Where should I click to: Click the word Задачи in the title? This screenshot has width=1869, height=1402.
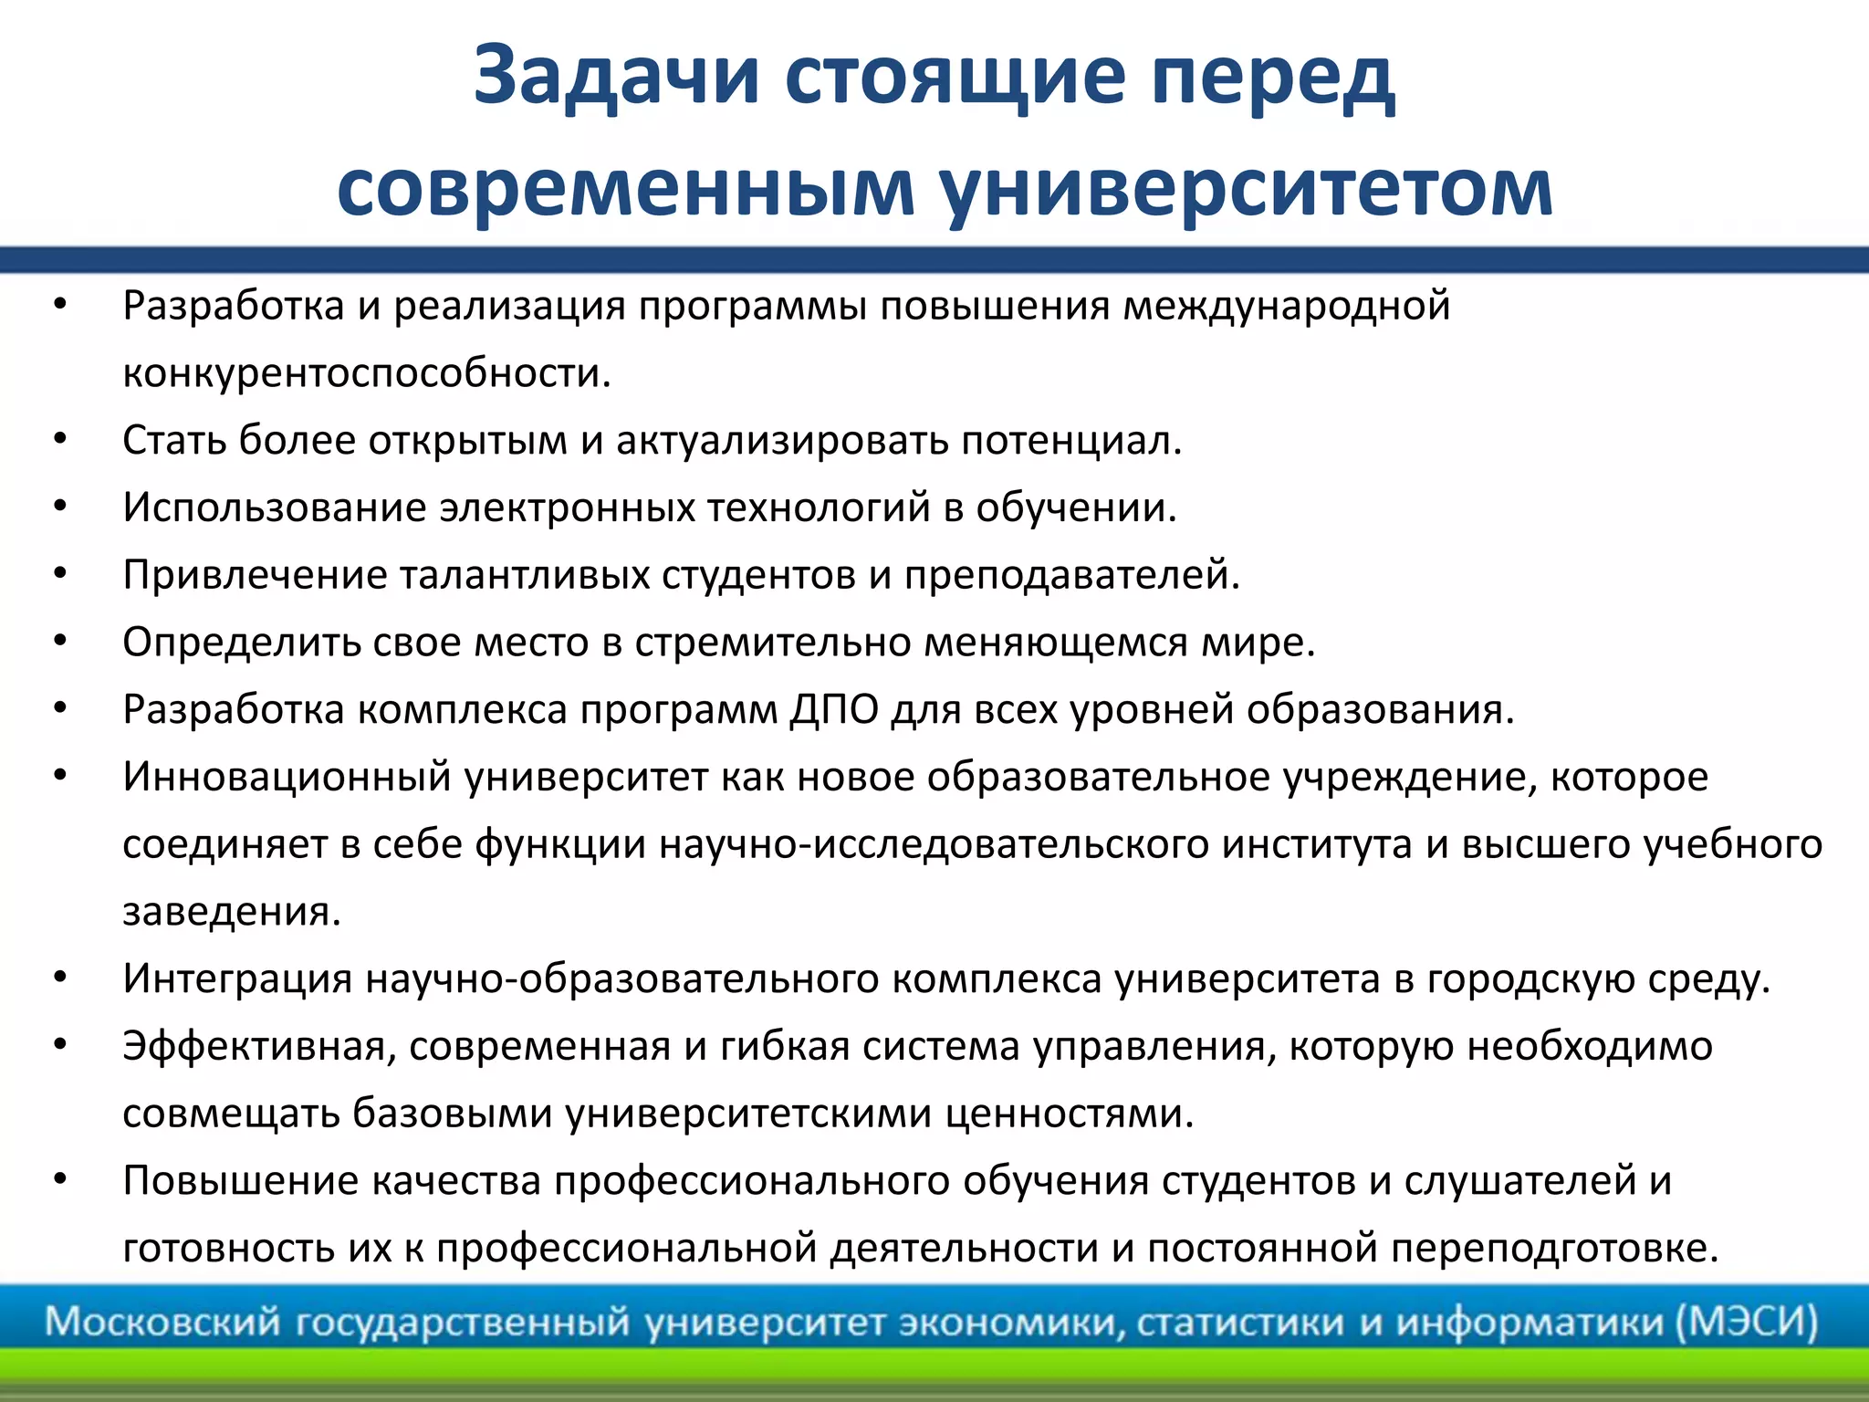click(617, 77)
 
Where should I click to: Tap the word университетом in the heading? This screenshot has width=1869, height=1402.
click(1246, 188)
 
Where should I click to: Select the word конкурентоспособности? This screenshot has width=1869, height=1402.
click(365, 373)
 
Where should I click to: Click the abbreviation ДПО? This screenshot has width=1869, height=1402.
click(834, 709)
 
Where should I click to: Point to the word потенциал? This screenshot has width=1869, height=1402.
click(1071, 441)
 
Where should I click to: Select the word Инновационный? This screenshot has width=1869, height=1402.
click(287, 777)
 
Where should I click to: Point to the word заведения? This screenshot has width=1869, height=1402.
click(231, 911)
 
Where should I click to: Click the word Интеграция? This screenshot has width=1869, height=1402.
click(237, 978)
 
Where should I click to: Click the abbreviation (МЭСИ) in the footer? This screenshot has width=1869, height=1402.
click(1747, 1322)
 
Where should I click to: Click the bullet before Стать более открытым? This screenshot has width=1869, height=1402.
click(60, 440)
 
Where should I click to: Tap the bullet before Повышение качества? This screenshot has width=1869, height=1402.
click(60, 1179)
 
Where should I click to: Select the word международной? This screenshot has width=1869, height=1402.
click(1286, 306)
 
